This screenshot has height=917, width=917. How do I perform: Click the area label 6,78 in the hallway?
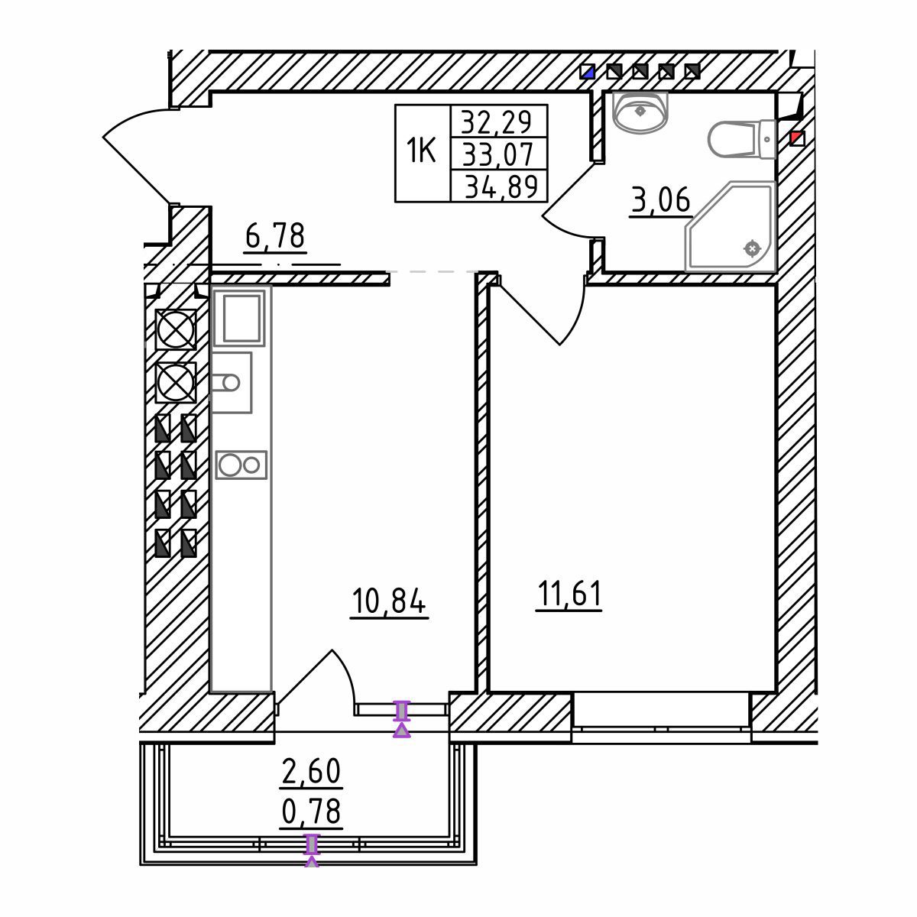coord(275,235)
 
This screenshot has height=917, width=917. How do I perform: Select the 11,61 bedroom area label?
coord(569,594)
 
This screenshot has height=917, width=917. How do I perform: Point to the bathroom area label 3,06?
coord(661,200)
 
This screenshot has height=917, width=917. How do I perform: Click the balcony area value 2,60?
coord(312,771)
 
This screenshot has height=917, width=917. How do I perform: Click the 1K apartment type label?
coord(421,150)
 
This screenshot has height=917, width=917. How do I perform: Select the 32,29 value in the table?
coord(497,122)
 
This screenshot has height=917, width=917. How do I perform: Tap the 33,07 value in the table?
coord(497,154)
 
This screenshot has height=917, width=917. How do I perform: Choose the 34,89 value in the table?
coord(501,186)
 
